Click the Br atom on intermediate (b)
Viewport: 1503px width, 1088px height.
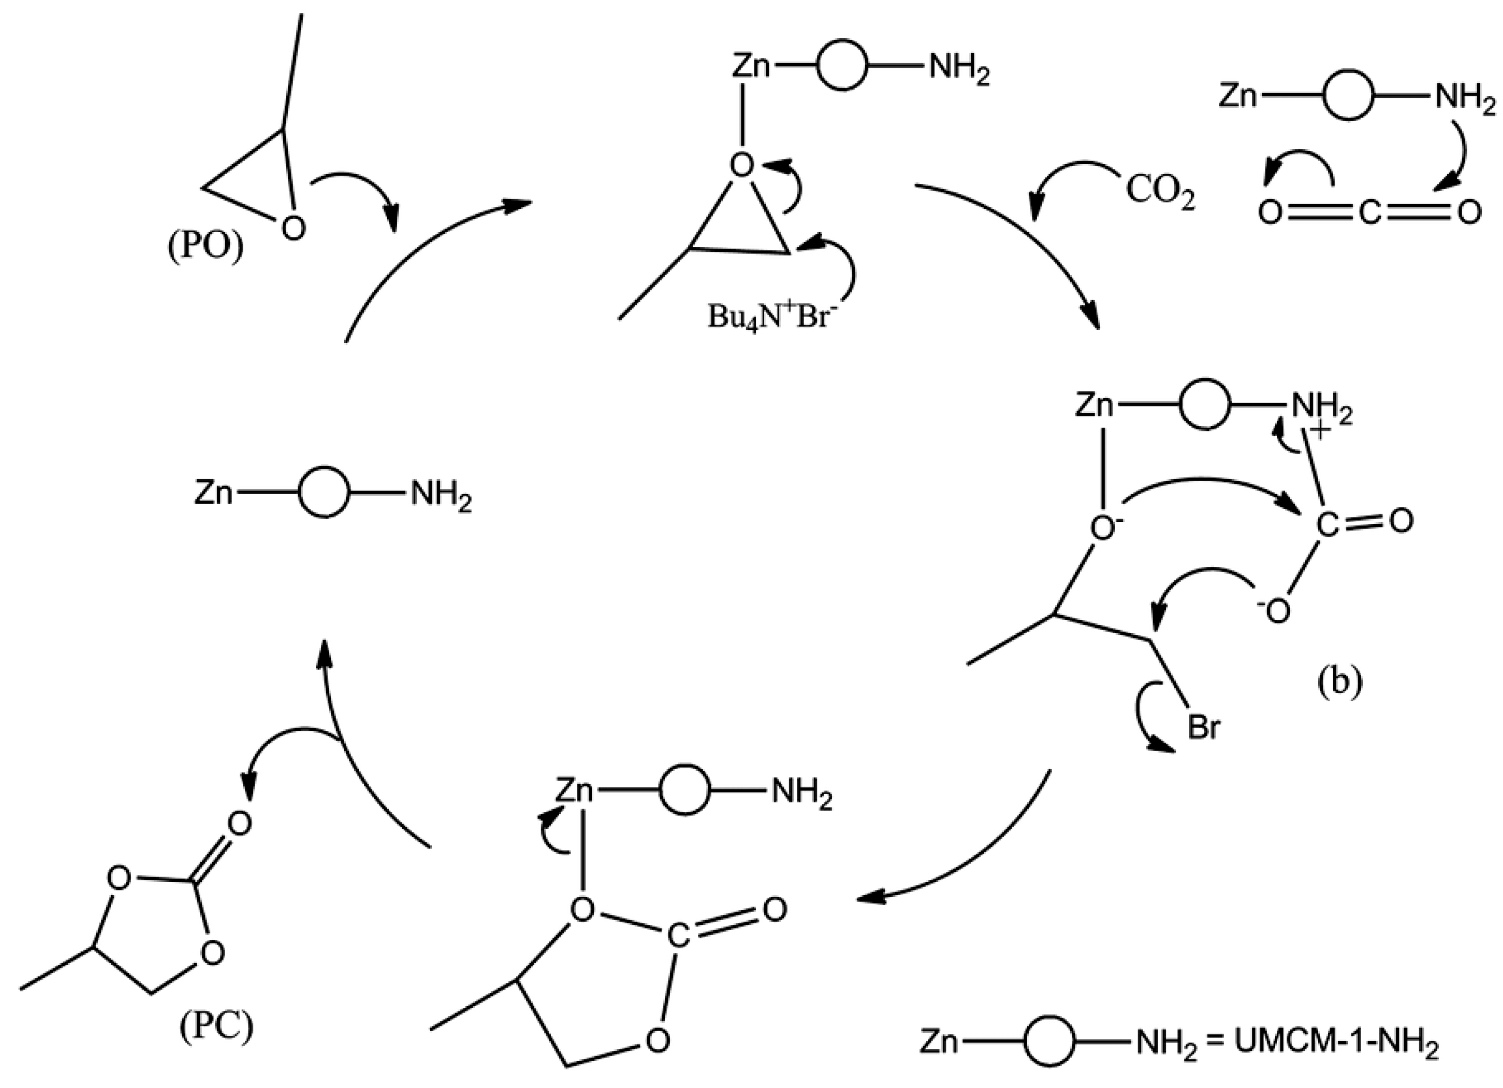(1203, 728)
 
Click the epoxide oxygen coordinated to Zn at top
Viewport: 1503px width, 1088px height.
(742, 165)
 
